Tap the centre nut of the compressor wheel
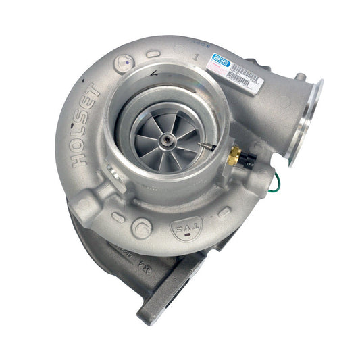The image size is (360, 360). click(x=165, y=140)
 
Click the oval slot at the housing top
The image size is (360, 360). click(x=153, y=53)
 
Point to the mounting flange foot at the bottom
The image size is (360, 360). click(x=162, y=297)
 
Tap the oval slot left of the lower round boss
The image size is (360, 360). click(x=118, y=217)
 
